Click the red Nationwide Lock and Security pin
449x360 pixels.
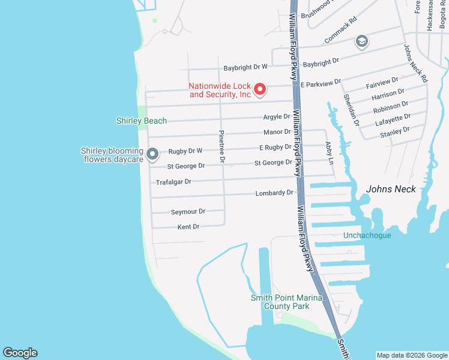pos(260,89)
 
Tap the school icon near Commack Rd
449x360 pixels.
pos(361,41)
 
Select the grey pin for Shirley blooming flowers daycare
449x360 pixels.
pos(152,154)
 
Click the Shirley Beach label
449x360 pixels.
pos(142,121)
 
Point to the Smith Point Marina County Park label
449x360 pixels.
pos(286,302)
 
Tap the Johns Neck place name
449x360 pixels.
pos(391,189)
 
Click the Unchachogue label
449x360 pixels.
pos(367,235)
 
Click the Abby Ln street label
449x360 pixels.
pos(328,152)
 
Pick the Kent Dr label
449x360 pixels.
pos(188,227)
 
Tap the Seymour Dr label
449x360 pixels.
pos(188,212)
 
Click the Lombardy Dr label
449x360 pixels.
pos(274,193)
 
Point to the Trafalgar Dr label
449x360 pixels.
pos(173,182)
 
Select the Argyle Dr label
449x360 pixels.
pos(277,117)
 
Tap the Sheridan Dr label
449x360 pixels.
pos(351,109)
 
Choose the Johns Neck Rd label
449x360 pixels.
pos(415,64)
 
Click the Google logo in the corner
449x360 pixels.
pos(20,353)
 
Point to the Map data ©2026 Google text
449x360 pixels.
pos(412,355)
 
